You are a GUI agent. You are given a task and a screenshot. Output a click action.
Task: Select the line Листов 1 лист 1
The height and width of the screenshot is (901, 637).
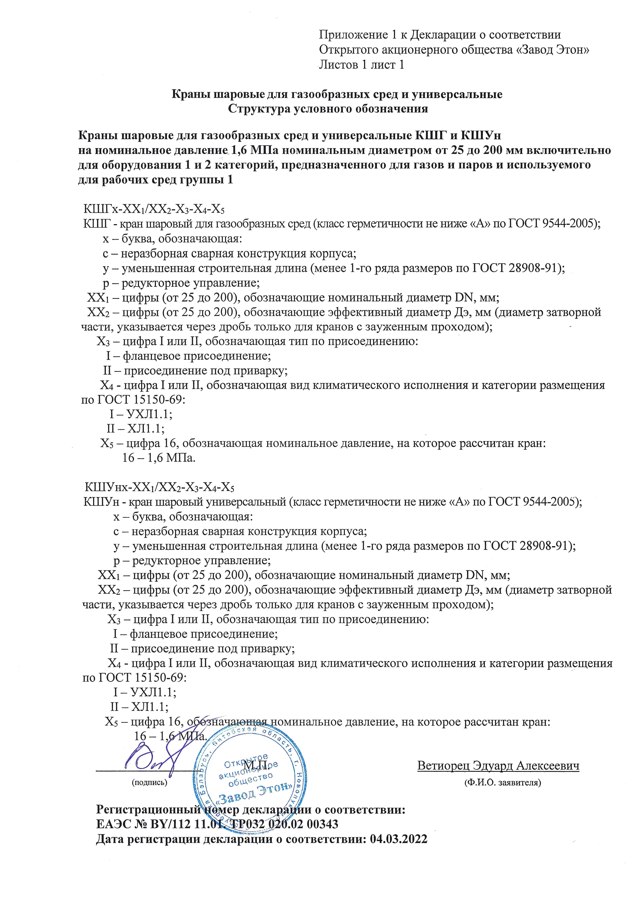tap(361, 65)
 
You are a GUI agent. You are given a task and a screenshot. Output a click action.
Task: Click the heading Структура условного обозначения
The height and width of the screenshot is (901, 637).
tap(328, 109)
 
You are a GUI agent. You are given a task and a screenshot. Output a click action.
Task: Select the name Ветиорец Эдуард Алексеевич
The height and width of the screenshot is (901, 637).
tap(498, 766)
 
